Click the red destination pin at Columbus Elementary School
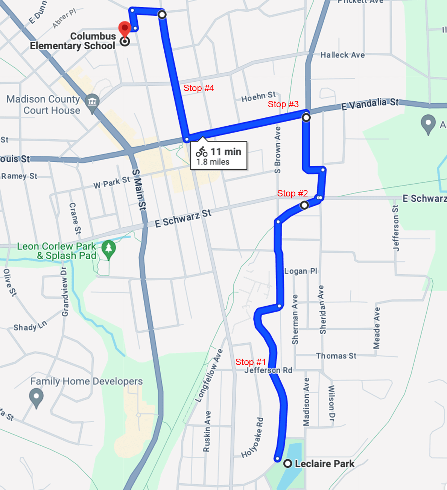coord(125,29)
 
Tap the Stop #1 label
coord(251,362)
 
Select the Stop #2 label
coord(292,193)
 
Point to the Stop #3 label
coord(283,104)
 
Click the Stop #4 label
coord(199,88)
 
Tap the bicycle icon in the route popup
coord(202,152)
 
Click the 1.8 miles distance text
coord(213,162)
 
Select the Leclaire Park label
coord(324,464)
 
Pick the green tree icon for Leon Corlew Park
coord(109,248)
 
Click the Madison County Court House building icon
coord(92,102)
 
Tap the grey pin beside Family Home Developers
coord(36,397)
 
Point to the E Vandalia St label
coord(369,104)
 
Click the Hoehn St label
coord(258,97)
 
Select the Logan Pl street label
coord(301,271)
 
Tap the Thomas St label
coord(336,356)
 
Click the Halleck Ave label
coord(342,55)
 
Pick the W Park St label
coord(112,183)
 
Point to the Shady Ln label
coord(30,326)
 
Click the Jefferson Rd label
coord(268,370)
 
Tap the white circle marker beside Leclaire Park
coord(288,464)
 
